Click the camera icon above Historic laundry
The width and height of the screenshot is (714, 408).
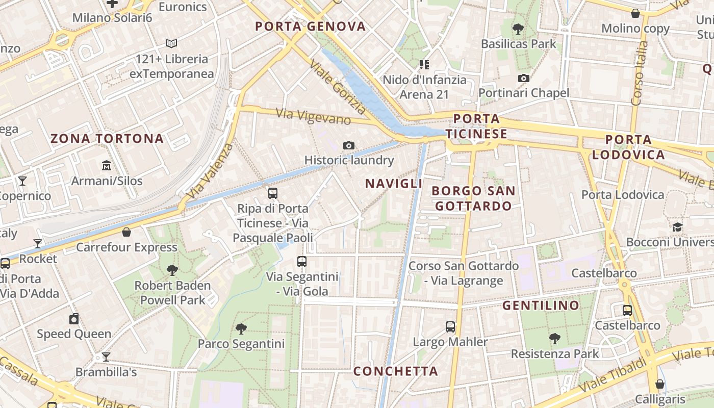349,146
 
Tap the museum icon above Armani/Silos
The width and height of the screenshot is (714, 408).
107,166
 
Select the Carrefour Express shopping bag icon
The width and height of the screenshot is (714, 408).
126,233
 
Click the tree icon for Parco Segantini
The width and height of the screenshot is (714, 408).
241,329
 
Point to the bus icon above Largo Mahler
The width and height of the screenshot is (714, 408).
450,327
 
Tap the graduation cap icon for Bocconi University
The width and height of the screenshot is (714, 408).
677,227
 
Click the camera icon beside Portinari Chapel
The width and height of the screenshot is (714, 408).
523,78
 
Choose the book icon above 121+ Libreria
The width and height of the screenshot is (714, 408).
171,44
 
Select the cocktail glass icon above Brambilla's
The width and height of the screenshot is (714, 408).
106,357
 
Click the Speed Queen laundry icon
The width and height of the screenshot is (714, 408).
74,319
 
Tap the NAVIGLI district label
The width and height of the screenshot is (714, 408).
394,184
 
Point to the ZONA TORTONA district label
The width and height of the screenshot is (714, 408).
107,138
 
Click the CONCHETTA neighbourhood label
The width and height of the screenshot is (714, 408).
396,371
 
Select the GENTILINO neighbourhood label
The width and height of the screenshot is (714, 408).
541,305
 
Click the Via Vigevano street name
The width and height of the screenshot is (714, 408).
313,117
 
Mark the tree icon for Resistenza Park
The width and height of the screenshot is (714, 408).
554,339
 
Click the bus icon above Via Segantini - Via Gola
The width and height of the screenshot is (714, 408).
302,262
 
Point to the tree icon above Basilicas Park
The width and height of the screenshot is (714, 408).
518,29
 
